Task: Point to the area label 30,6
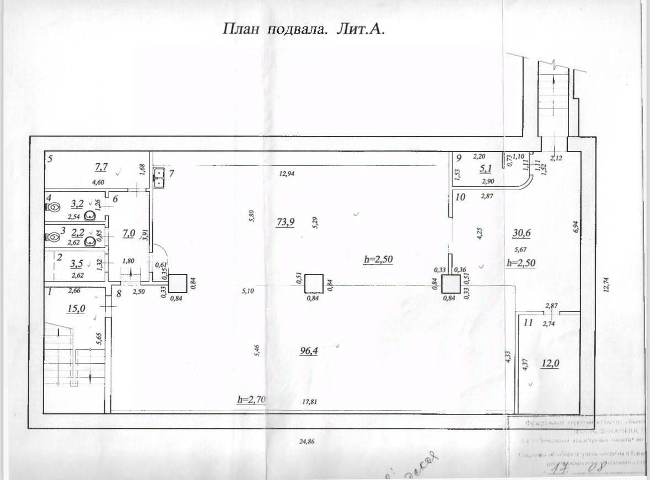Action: [x=522, y=233]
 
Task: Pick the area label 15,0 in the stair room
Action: [x=76, y=309]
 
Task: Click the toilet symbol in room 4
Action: [x=53, y=208]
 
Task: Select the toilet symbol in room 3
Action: [x=53, y=238]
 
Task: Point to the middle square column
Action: [x=314, y=283]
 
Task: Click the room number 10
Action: [x=461, y=196]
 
